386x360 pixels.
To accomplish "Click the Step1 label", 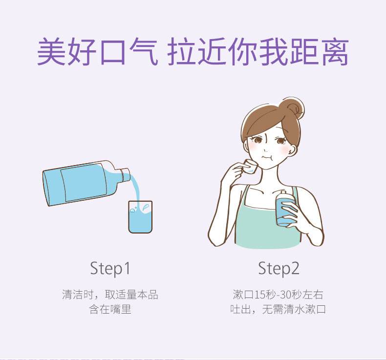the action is (110, 269).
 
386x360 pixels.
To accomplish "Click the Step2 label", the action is (279, 269).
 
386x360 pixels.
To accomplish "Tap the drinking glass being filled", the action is (140, 217).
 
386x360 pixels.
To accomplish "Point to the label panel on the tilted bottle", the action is (84, 182).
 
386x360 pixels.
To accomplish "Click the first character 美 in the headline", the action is (52, 51).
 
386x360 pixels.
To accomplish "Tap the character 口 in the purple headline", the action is (113, 52).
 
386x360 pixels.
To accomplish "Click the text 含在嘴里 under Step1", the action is (110, 309).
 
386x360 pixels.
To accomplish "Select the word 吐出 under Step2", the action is (241, 309).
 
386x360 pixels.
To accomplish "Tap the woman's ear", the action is (292, 149).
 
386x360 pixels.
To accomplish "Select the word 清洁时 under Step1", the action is (78, 295).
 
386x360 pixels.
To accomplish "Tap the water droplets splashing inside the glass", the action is (139, 209).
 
